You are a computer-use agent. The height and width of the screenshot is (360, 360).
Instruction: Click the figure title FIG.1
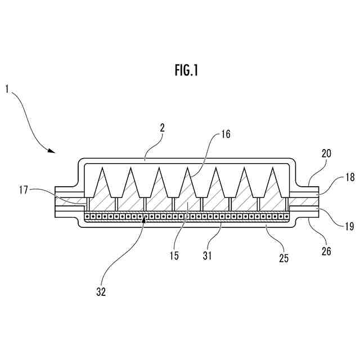click(186, 71)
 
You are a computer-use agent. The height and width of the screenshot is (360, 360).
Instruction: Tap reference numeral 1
click(7, 88)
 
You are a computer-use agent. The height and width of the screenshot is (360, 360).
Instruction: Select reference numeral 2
click(162, 128)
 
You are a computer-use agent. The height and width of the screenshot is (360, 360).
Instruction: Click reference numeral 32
click(101, 291)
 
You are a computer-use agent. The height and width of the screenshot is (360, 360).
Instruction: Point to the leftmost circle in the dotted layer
click(87, 216)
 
